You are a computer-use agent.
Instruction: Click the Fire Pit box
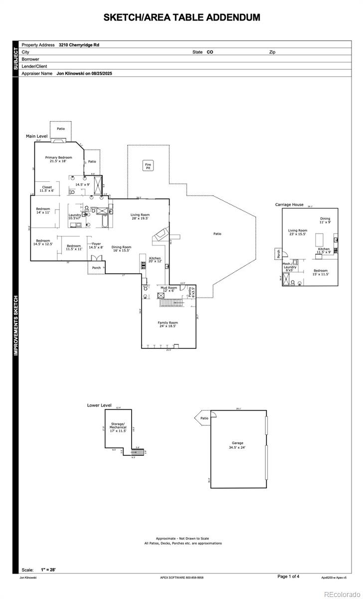click(x=148, y=166)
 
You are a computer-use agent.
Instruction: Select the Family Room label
click(x=168, y=324)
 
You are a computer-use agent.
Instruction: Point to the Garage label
click(x=237, y=445)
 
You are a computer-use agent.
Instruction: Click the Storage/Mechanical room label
click(x=118, y=427)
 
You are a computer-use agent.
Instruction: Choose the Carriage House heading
click(x=289, y=205)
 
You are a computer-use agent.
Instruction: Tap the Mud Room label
click(x=169, y=289)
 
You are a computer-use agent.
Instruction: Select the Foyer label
click(x=96, y=246)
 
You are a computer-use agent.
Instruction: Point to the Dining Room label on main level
click(x=121, y=248)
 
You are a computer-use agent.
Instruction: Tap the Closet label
click(x=47, y=189)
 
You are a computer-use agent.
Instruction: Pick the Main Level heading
click(x=37, y=136)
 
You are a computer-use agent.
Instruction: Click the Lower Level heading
click(x=99, y=405)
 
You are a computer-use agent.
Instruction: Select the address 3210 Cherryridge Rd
click(x=80, y=45)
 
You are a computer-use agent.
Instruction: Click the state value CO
click(x=210, y=52)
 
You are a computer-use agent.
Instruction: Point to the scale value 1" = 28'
click(x=48, y=570)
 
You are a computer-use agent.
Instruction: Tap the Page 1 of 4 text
click(x=288, y=577)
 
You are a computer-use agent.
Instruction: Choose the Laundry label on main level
click(x=75, y=216)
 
